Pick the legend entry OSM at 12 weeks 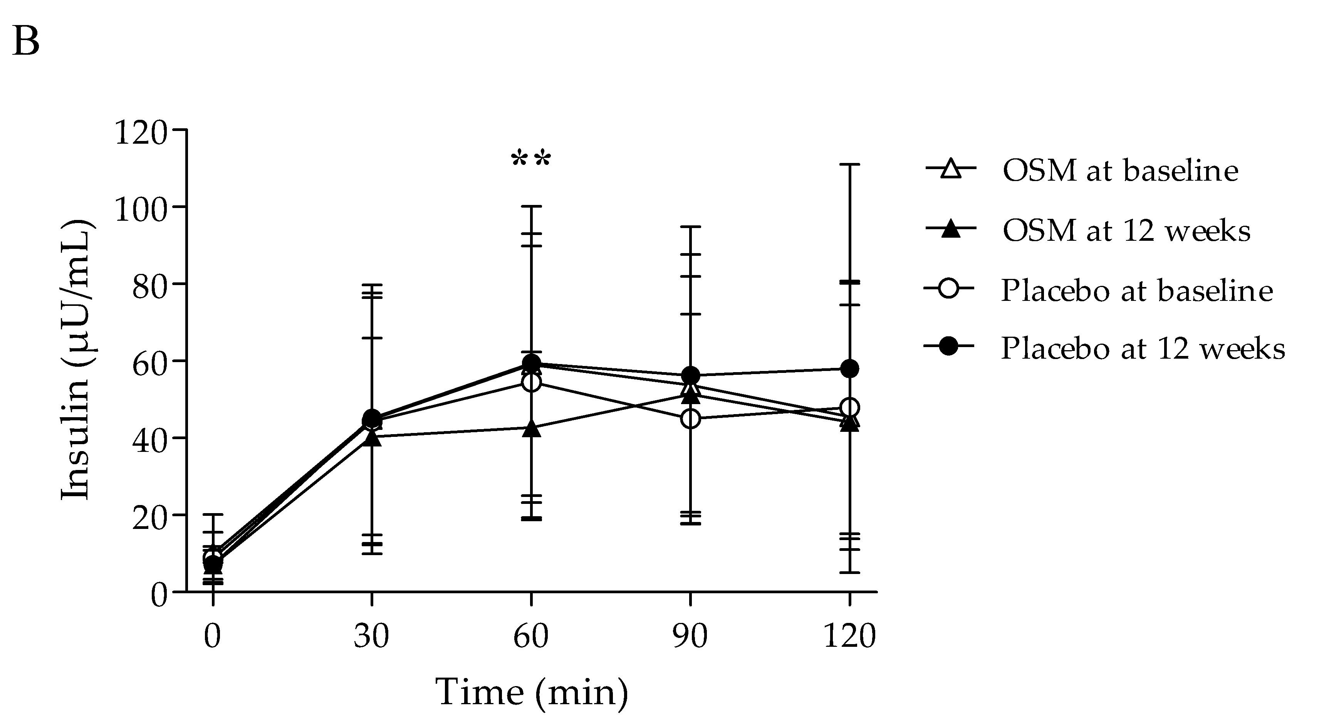pos(1126,230)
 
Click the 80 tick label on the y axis pos(149,287)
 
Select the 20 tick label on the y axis pos(149,517)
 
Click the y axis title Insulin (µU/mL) pos(76,360)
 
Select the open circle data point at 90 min pos(690,419)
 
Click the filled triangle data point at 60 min pos(532,429)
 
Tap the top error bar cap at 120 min pos(849,164)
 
